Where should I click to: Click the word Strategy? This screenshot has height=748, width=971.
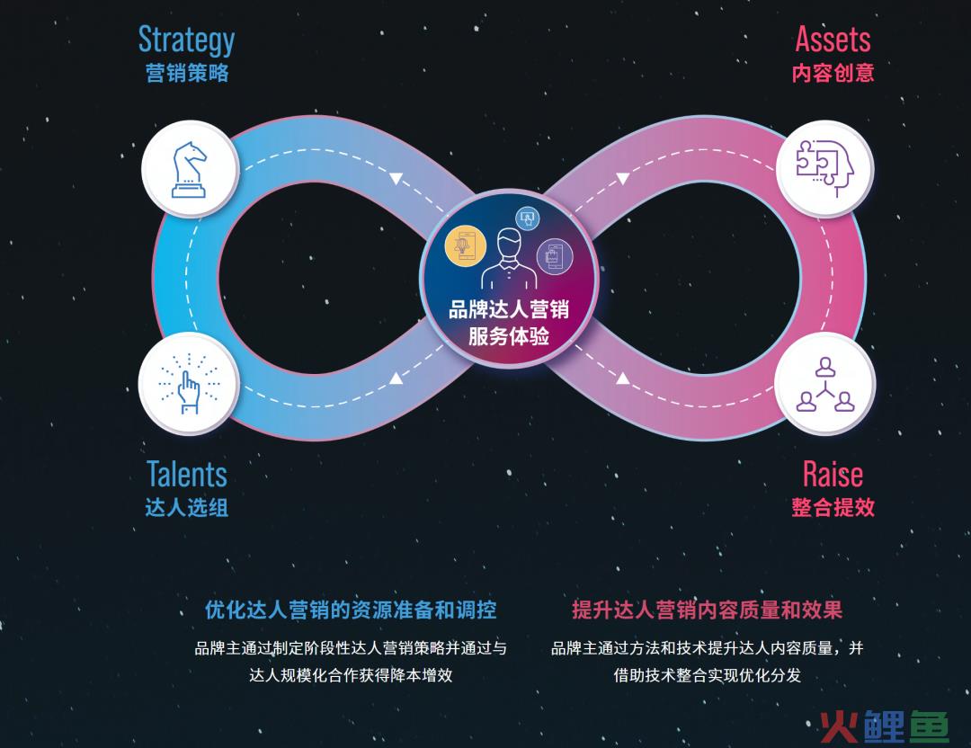tap(186, 40)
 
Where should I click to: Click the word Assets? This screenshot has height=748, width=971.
tap(833, 39)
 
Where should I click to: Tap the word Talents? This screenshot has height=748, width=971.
tap(187, 475)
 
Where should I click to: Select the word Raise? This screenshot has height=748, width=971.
tap(833, 475)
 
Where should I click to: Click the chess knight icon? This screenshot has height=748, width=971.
tap(189, 170)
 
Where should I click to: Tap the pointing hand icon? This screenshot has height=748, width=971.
tap(188, 383)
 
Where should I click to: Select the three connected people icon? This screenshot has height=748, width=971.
tap(824, 384)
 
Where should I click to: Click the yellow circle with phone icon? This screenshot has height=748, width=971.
tap(466, 246)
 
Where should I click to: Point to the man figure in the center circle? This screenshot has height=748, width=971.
tap(509, 258)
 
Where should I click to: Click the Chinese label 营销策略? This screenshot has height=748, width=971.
tap(187, 73)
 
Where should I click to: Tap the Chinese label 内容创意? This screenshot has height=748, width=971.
tap(833, 73)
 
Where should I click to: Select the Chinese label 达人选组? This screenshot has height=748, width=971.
tap(187, 508)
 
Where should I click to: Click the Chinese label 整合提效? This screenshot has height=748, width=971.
tap(833, 508)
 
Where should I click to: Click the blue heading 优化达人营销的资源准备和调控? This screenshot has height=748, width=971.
tap(351, 610)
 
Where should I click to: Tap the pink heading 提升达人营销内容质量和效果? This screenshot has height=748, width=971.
tap(708, 610)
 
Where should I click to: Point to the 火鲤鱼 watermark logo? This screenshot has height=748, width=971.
tap(885, 726)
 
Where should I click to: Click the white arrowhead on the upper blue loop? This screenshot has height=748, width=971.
tap(396, 179)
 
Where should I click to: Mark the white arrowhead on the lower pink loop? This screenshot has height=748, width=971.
tap(623, 377)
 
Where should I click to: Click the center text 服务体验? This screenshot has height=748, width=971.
tap(509, 336)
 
